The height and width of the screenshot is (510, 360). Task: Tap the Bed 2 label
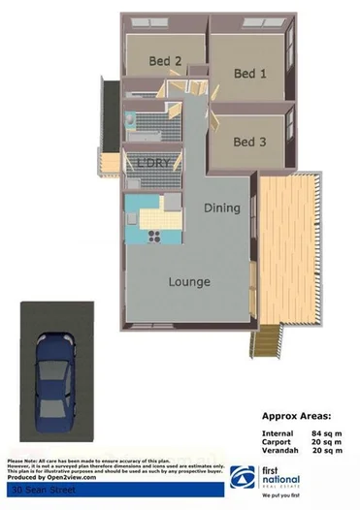coord(165,61)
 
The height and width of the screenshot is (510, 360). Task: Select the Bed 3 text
coord(249,142)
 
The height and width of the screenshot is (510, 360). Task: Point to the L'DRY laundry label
coord(152,163)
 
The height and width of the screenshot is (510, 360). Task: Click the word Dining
coord(221,207)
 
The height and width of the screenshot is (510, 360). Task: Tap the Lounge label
coord(189,282)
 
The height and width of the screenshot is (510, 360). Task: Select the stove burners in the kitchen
coord(152,237)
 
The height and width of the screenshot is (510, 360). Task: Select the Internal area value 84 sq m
coord(327,433)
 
